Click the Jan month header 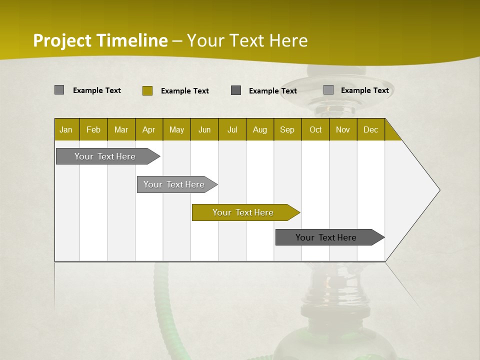click(x=66, y=129)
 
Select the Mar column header click(x=121, y=129)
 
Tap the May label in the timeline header click(x=176, y=129)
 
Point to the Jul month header click(x=232, y=129)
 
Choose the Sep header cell click(x=287, y=129)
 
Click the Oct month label click(x=315, y=129)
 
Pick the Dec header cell click(x=370, y=129)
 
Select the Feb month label click(x=93, y=129)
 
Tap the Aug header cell click(x=259, y=129)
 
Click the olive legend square click(x=147, y=90)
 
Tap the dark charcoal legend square click(x=236, y=90)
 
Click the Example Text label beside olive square click(x=184, y=91)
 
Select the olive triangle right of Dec click(x=391, y=132)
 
